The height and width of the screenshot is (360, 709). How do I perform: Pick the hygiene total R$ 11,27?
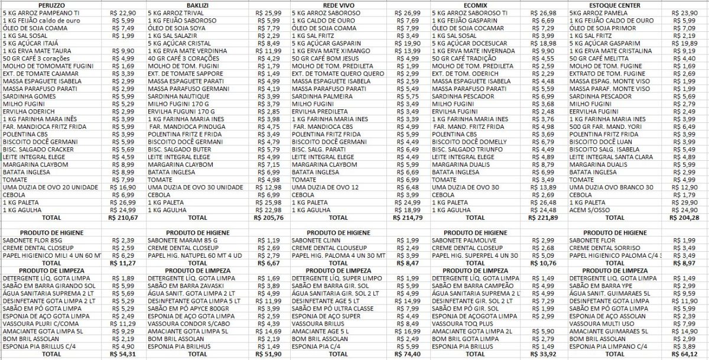click(x=125, y=262)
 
